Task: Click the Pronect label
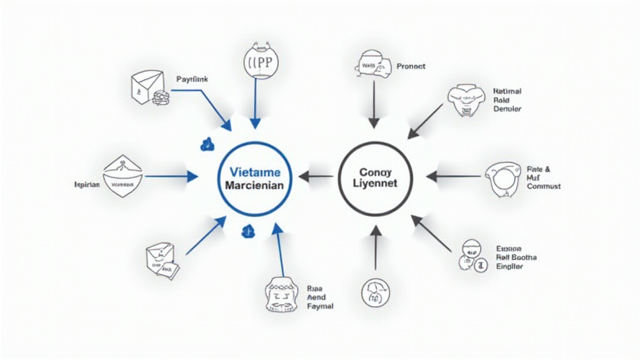click(411, 66)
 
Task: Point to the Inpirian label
click(87, 185)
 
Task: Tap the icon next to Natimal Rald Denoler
click(466, 101)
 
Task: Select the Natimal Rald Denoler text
click(507, 100)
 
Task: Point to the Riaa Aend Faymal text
click(320, 297)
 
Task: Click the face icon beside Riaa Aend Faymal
click(280, 293)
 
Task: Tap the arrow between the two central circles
click(316, 177)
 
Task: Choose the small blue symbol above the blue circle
click(207, 144)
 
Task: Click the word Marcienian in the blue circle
click(255, 186)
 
